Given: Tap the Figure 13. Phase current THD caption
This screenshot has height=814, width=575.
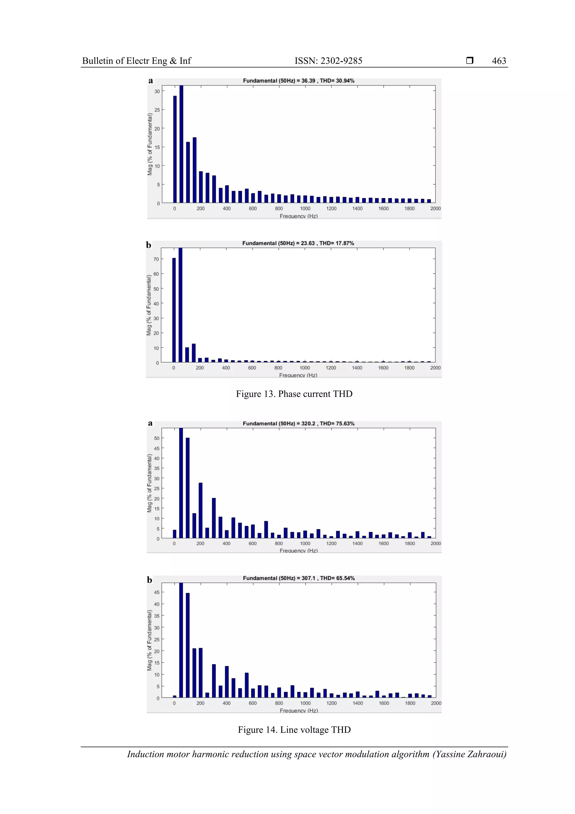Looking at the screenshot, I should tap(294, 394).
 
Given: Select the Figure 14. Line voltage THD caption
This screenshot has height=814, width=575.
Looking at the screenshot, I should tap(294, 730).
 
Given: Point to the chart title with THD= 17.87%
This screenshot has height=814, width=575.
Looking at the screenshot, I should tap(298, 243).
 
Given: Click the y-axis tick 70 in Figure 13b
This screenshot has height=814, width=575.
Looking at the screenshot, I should tap(156, 259).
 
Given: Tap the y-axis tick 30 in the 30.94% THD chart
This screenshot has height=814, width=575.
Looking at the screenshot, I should tap(157, 92).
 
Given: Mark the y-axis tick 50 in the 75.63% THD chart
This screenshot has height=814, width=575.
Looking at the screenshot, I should tap(157, 438).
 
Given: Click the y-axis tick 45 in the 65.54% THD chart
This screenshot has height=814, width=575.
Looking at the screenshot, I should tap(157, 592).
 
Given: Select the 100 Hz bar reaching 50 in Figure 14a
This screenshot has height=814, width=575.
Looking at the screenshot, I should tap(188, 488).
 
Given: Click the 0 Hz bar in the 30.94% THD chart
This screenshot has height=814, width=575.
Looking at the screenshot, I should tap(175, 149).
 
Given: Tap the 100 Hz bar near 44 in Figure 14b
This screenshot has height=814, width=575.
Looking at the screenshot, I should tap(188, 645).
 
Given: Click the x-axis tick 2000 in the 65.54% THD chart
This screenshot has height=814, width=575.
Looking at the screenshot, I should tap(436, 703).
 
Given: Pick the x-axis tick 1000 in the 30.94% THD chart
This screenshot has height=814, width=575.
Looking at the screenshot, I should tap(305, 208).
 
